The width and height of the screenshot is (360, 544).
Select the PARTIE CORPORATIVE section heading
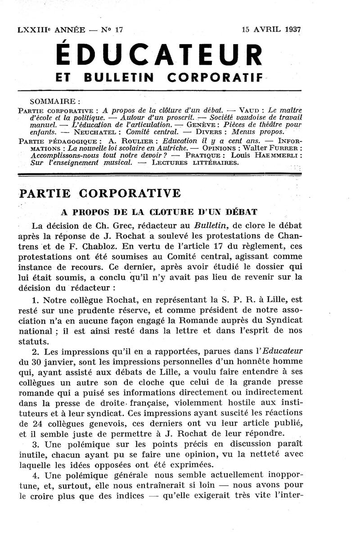point(99,193)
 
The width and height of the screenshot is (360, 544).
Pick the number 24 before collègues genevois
point(37,424)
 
